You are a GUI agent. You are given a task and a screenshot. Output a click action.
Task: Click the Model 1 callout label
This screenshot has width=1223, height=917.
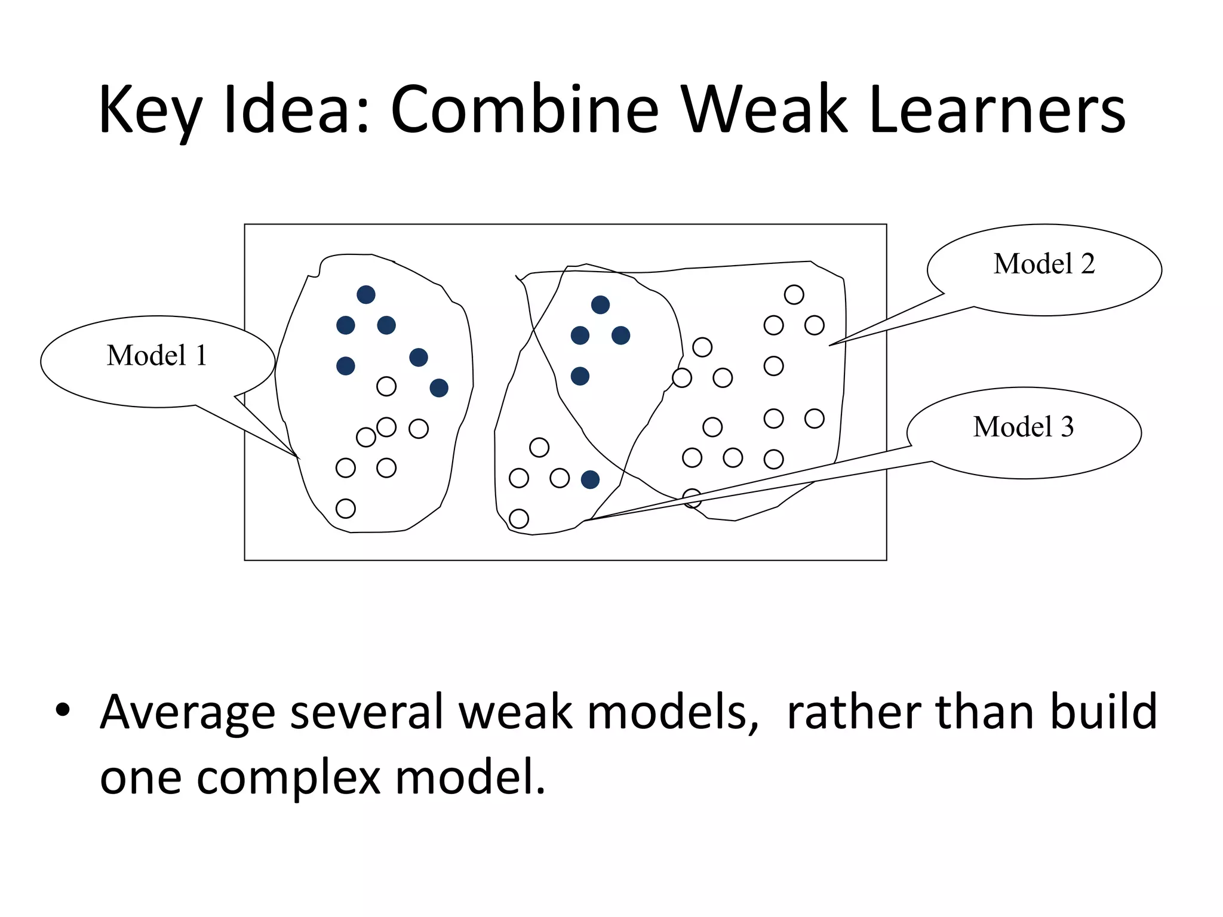tap(156, 356)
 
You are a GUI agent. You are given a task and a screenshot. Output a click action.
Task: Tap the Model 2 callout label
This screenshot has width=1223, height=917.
tap(1044, 264)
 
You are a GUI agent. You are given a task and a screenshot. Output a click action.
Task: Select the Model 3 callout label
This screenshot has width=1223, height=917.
tap(1024, 427)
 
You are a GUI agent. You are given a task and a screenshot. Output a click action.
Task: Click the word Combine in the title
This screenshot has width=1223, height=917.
tap(524, 110)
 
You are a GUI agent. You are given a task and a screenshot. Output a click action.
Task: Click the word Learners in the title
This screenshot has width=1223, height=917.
tap(997, 110)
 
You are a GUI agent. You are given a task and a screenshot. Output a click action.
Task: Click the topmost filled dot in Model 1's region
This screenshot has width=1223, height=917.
tap(366, 294)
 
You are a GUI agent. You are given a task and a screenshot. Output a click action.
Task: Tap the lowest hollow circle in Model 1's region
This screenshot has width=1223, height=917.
tap(346, 509)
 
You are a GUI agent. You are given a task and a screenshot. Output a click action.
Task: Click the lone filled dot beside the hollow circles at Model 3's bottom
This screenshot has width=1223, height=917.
tap(590, 479)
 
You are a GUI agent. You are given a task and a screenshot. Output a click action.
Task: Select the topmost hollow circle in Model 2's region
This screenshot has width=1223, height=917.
tap(794, 294)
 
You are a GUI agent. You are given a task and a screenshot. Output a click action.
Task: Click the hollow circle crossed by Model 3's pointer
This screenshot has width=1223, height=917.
tap(692, 498)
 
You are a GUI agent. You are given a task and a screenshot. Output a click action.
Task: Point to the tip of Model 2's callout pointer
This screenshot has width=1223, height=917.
tap(830, 345)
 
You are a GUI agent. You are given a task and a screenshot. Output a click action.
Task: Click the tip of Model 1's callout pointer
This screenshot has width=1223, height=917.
tap(299, 458)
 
